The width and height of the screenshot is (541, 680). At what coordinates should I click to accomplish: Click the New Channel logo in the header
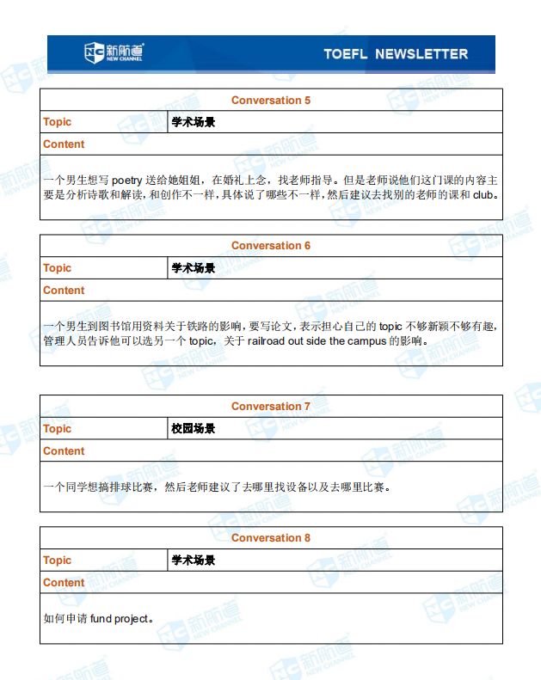(114, 53)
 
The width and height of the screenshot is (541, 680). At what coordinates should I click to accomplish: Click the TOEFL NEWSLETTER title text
(396, 54)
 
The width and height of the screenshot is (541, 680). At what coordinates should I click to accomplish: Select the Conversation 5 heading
(271, 101)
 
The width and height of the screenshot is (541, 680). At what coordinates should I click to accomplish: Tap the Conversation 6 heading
(271, 246)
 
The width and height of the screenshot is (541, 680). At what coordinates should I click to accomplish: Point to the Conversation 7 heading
(271, 407)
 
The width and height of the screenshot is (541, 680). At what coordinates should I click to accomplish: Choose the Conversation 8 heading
(271, 538)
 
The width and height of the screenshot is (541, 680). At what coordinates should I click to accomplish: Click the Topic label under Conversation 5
(58, 122)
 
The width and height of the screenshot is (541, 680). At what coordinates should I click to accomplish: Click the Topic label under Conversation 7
(58, 429)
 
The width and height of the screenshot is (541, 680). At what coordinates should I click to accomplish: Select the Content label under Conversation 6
(64, 291)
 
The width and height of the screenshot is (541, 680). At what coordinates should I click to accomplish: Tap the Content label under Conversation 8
(64, 583)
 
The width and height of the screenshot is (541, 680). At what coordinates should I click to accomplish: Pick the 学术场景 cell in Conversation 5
(194, 122)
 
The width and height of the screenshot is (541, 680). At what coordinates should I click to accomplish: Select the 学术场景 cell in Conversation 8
(194, 561)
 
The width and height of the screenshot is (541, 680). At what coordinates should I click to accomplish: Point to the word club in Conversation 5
(483, 194)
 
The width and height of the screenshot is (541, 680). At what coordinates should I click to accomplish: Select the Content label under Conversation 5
(64, 144)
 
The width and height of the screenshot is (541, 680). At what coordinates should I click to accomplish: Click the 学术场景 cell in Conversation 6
(194, 268)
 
